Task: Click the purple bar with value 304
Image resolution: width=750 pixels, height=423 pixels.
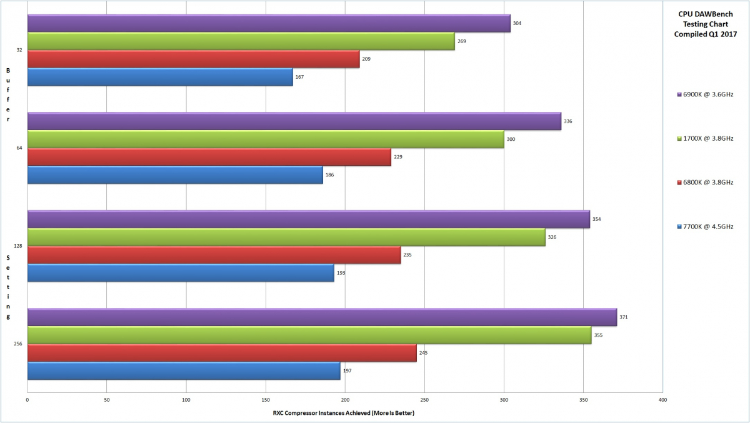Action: click(x=269, y=23)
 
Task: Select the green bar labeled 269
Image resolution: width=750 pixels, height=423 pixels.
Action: click(x=241, y=41)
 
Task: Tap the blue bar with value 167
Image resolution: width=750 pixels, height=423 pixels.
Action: click(x=160, y=77)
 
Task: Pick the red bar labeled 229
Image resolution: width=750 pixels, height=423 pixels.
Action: click(x=209, y=157)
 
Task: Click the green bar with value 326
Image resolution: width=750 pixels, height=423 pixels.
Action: click(x=286, y=237)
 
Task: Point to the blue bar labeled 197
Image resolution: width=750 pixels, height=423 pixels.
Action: click(x=184, y=370)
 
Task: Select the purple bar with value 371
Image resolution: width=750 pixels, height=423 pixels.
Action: click(x=322, y=317)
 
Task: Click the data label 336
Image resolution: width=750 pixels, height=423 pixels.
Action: click(x=567, y=121)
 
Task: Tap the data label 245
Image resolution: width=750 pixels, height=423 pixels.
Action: click(x=423, y=353)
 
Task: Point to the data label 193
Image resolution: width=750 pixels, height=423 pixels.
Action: click(x=341, y=273)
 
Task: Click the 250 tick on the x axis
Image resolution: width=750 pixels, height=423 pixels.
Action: click(x=424, y=399)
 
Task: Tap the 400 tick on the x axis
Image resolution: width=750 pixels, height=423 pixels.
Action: click(x=662, y=399)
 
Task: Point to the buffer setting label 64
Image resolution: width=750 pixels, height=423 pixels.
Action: click(x=19, y=148)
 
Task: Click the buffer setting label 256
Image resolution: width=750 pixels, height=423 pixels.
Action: click(x=18, y=344)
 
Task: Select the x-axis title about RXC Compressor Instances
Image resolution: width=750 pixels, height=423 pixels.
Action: click(x=344, y=412)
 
